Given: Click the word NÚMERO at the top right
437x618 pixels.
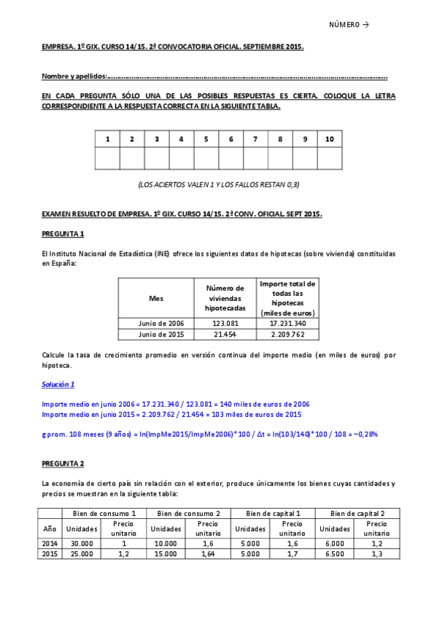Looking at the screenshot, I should click(344, 24).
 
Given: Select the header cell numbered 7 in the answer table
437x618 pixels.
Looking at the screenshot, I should click(255, 138).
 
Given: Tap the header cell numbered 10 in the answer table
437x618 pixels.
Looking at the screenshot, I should click(330, 138).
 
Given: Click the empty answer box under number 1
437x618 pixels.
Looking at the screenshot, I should click(107, 158).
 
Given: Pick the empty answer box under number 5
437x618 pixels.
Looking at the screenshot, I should click(206, 158).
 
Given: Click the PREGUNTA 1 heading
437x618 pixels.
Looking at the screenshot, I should click(63, 233).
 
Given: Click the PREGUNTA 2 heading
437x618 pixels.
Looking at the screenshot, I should click(63, 463).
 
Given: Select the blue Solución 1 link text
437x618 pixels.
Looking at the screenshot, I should click(58, 383).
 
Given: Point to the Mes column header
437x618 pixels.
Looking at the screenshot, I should click(156, 298).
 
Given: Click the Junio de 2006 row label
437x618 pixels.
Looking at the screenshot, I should click(156, 323).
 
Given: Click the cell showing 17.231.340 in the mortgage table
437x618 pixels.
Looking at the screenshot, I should click(287, 323).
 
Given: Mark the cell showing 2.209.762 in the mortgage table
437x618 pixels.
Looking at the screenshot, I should click(287, 335).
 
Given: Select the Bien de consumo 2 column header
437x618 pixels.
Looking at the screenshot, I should click(189, 514).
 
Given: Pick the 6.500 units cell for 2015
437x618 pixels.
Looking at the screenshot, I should click(335, 554).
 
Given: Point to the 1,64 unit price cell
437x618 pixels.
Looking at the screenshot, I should click(208, 554).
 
